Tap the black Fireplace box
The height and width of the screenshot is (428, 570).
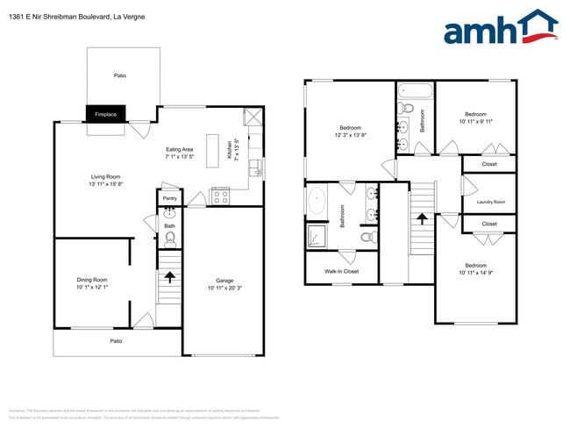click(106, 114)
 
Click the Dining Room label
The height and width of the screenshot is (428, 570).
click(91, 280)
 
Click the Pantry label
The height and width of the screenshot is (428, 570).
click(170, 198)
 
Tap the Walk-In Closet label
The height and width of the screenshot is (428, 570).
click(341, 271)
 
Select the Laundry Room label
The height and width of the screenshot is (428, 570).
click(491, 203)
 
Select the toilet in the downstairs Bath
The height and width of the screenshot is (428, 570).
click(170, 238)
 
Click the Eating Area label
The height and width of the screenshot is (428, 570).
click(179, 149)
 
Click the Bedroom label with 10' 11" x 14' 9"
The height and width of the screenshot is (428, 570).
click(476, 264)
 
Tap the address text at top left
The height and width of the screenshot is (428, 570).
click(78, 17)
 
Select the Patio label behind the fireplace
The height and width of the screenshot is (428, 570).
click(120, 75)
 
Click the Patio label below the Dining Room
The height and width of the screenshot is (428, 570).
click(115, 340)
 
